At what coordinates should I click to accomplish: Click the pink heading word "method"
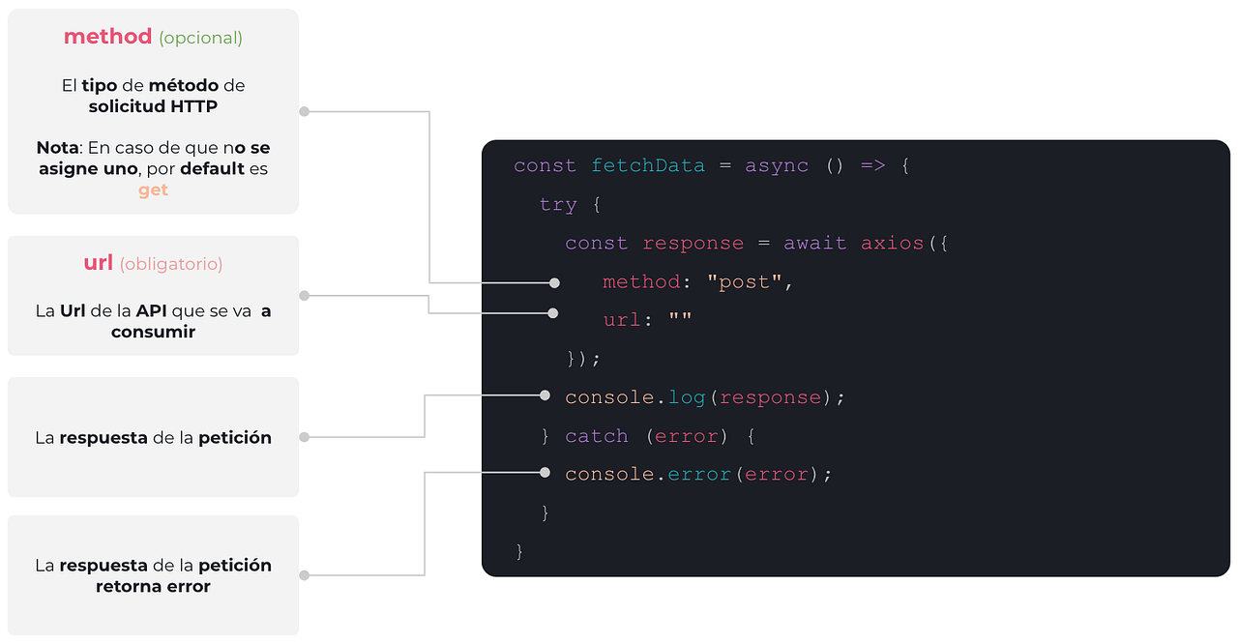(107, 37)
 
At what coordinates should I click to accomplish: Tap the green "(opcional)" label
(200, 38)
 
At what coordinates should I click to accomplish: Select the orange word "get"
(153, 190)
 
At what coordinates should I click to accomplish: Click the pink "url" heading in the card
(99, 262)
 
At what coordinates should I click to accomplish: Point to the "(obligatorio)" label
(171, 263)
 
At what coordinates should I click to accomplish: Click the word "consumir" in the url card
(153, 332)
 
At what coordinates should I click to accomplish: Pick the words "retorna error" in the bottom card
(153, 586)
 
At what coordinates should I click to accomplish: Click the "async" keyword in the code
(776, 165)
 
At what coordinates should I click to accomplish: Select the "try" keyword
(558, 204)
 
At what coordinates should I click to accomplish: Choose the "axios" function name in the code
(892, 243)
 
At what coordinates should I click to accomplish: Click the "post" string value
(744, 281)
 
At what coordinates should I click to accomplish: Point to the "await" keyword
(814, 243)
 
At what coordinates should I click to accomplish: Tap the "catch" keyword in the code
(596, 436)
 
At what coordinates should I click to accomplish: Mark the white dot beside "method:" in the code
(554, 282)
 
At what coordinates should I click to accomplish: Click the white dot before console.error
(545, 473)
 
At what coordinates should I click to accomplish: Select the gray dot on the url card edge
(304, 295)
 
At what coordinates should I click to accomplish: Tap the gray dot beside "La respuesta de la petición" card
(304, 437)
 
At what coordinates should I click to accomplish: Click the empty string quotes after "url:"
(680, 320)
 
